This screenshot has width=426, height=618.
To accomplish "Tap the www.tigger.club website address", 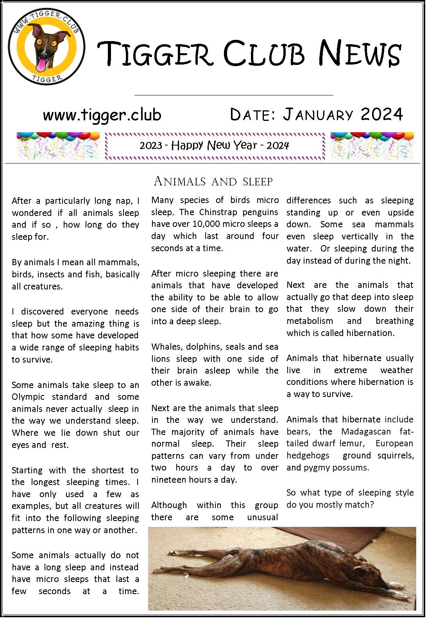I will [102, 115].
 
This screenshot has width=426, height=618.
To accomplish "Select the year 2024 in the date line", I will [382, 114].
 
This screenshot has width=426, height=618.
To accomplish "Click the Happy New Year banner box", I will [215, 146].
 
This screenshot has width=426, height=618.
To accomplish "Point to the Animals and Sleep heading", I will [213, 181].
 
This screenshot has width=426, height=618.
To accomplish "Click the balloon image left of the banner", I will [58, 146].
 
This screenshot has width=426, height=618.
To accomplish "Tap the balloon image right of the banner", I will [372, 146].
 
